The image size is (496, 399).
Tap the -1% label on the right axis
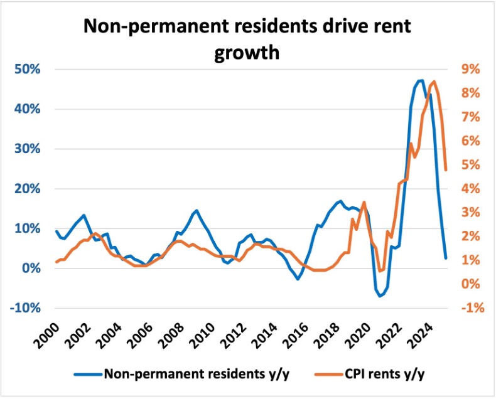(470, 308)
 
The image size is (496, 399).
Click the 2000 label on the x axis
(48, 327)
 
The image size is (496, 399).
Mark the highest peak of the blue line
(421, 80)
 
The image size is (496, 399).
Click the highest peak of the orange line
(436, 82)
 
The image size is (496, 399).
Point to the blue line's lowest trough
(380, 296)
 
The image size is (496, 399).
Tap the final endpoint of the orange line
(446, 169)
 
